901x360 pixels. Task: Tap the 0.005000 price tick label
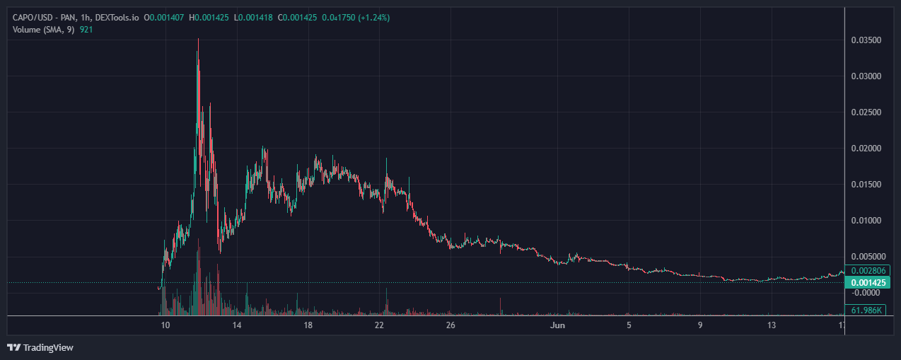866,257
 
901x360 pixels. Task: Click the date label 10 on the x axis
165,325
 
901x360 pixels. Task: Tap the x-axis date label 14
237,325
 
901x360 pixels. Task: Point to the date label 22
380,325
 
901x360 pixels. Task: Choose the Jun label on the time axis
558,325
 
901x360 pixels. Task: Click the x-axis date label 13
772,325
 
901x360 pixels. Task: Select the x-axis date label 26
451,325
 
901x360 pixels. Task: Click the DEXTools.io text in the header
115,17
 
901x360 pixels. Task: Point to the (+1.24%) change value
373,17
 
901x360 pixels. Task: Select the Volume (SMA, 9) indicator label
42,29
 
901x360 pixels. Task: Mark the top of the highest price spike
198,39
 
